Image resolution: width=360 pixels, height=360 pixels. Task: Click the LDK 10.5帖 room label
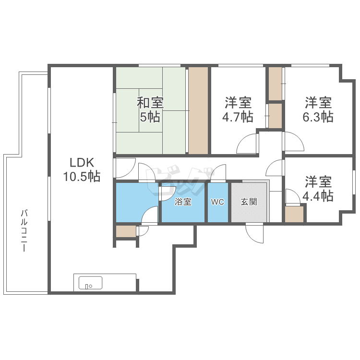(82, 169)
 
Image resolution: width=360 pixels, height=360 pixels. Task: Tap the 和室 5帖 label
(150, 110)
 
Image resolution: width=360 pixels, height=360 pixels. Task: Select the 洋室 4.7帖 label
(238, 110)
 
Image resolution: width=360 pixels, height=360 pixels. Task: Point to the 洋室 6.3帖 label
(318, 110)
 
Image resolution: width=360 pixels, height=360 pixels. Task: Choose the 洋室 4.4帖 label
(318, 189)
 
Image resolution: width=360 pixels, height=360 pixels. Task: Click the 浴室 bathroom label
(183, 202)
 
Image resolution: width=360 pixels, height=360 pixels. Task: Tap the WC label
(217, 202)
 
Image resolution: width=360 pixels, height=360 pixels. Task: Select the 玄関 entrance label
(249, 202)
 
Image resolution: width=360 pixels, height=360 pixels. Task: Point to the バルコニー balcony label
(24, 230)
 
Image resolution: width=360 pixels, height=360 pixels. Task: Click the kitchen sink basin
(90, 283)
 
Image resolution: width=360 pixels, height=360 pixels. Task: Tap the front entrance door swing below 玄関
(255, 233)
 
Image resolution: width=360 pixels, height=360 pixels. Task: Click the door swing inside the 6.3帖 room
(294, 142)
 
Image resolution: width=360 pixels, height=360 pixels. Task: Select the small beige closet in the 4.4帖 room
(295, 214)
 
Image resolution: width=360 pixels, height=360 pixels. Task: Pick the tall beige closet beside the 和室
(198, 110)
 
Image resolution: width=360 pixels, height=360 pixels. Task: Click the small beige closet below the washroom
(126, 231)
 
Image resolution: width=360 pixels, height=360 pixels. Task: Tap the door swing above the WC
(218, 173)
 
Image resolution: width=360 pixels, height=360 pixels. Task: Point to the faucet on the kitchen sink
(87, 286)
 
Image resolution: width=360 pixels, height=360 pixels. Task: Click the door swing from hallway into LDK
(125, 168)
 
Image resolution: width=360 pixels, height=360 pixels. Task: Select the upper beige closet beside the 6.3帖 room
(276, 84)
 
